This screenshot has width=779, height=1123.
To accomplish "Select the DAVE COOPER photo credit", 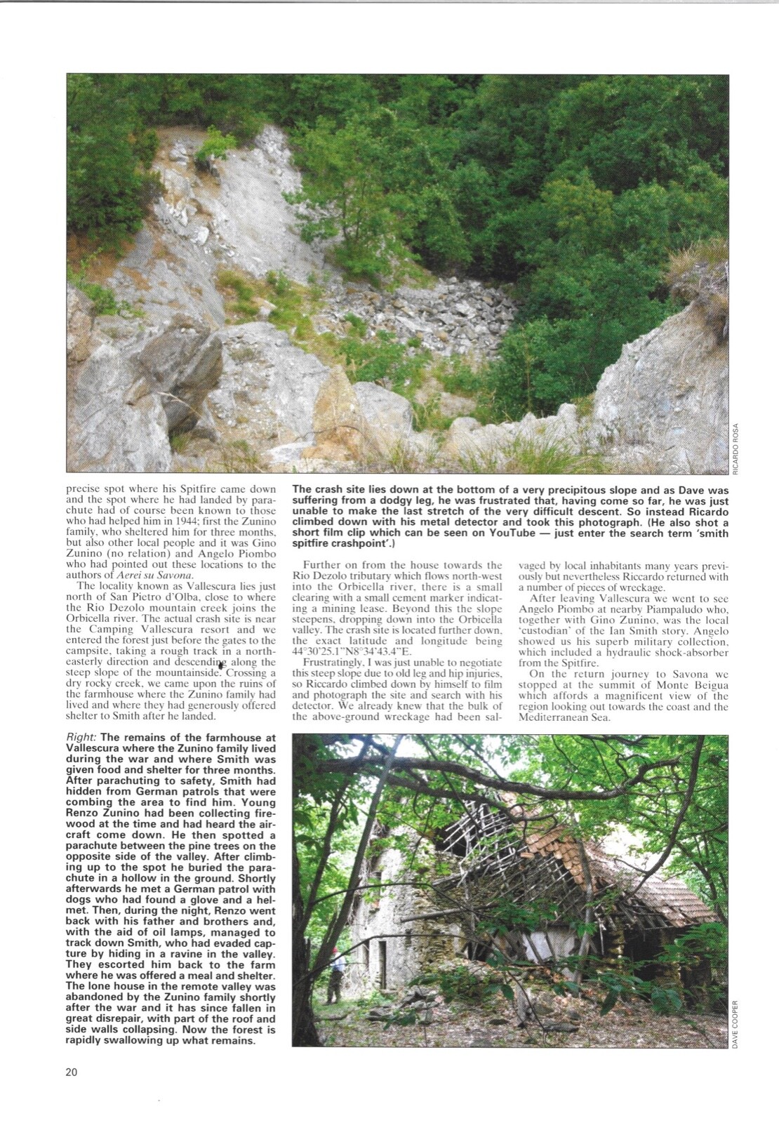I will point(735,1024).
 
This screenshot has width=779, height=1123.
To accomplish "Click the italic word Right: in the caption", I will point(82,738).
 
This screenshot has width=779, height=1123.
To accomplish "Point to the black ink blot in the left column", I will point(222,664).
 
